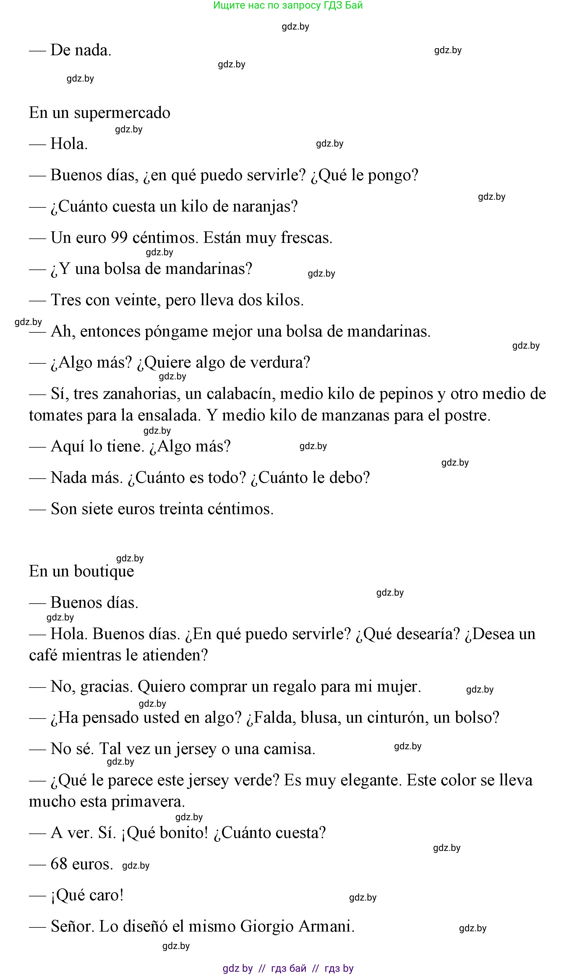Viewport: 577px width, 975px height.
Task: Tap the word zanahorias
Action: (x=140, y=394)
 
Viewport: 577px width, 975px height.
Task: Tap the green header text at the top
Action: (x=288, y=5)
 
